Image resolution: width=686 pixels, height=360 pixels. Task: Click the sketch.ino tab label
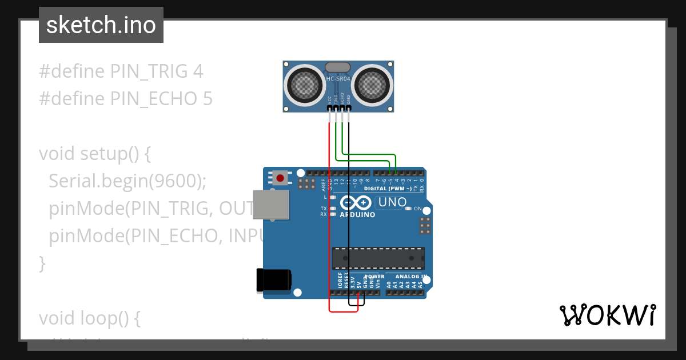click(x=101, y=25)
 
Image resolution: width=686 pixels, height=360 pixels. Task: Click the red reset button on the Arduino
click(x=280, y=178)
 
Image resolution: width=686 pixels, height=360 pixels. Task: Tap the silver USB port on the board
click(x=271, y=204)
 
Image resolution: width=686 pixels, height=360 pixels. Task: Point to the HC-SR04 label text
click(x=338, y=78)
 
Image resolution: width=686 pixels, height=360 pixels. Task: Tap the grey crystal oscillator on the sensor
click(x=338, y=67)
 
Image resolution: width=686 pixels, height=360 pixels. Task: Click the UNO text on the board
click(x=393, y=202)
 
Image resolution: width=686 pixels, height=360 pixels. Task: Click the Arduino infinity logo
click(x=356, y=203)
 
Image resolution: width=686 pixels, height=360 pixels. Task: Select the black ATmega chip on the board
click(x=378, y=258)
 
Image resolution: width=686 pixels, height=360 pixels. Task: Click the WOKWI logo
click(x=607, y=315)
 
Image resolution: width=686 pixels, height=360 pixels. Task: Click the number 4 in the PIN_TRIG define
click(x=198, y=71)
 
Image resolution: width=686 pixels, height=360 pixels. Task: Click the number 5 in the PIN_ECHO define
click(x=208, y=99)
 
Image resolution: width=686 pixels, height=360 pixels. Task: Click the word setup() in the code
click(x=115, y=154)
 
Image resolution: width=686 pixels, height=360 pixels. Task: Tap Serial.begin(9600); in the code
click(x=127, y=181)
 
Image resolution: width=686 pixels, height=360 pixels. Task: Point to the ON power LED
click(x=408, y=209)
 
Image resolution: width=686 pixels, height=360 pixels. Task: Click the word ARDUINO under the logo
click(x=357, y=215)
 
